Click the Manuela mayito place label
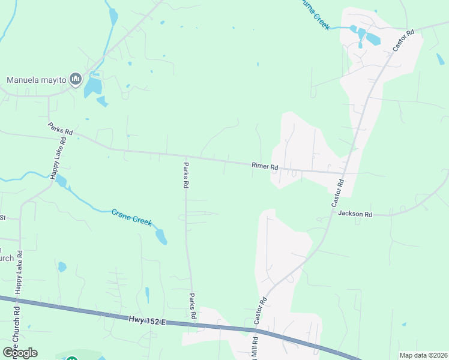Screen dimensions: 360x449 (35, 79)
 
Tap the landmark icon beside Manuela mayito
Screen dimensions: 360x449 (76, 79)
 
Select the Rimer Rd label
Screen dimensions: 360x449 (265, 166)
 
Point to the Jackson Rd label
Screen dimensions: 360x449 (355, 214)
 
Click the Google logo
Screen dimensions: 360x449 (20, 352)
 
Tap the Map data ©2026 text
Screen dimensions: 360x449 (423, 355)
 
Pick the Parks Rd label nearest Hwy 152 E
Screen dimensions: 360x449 (193, 306)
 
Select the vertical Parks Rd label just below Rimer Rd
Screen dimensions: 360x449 (185, 176)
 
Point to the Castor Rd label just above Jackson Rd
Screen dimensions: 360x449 (337, 193)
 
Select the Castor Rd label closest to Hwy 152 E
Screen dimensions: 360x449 (262, 311)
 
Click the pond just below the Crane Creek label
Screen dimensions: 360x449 (161, 236)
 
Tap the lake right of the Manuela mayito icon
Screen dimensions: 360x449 (92, 88)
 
